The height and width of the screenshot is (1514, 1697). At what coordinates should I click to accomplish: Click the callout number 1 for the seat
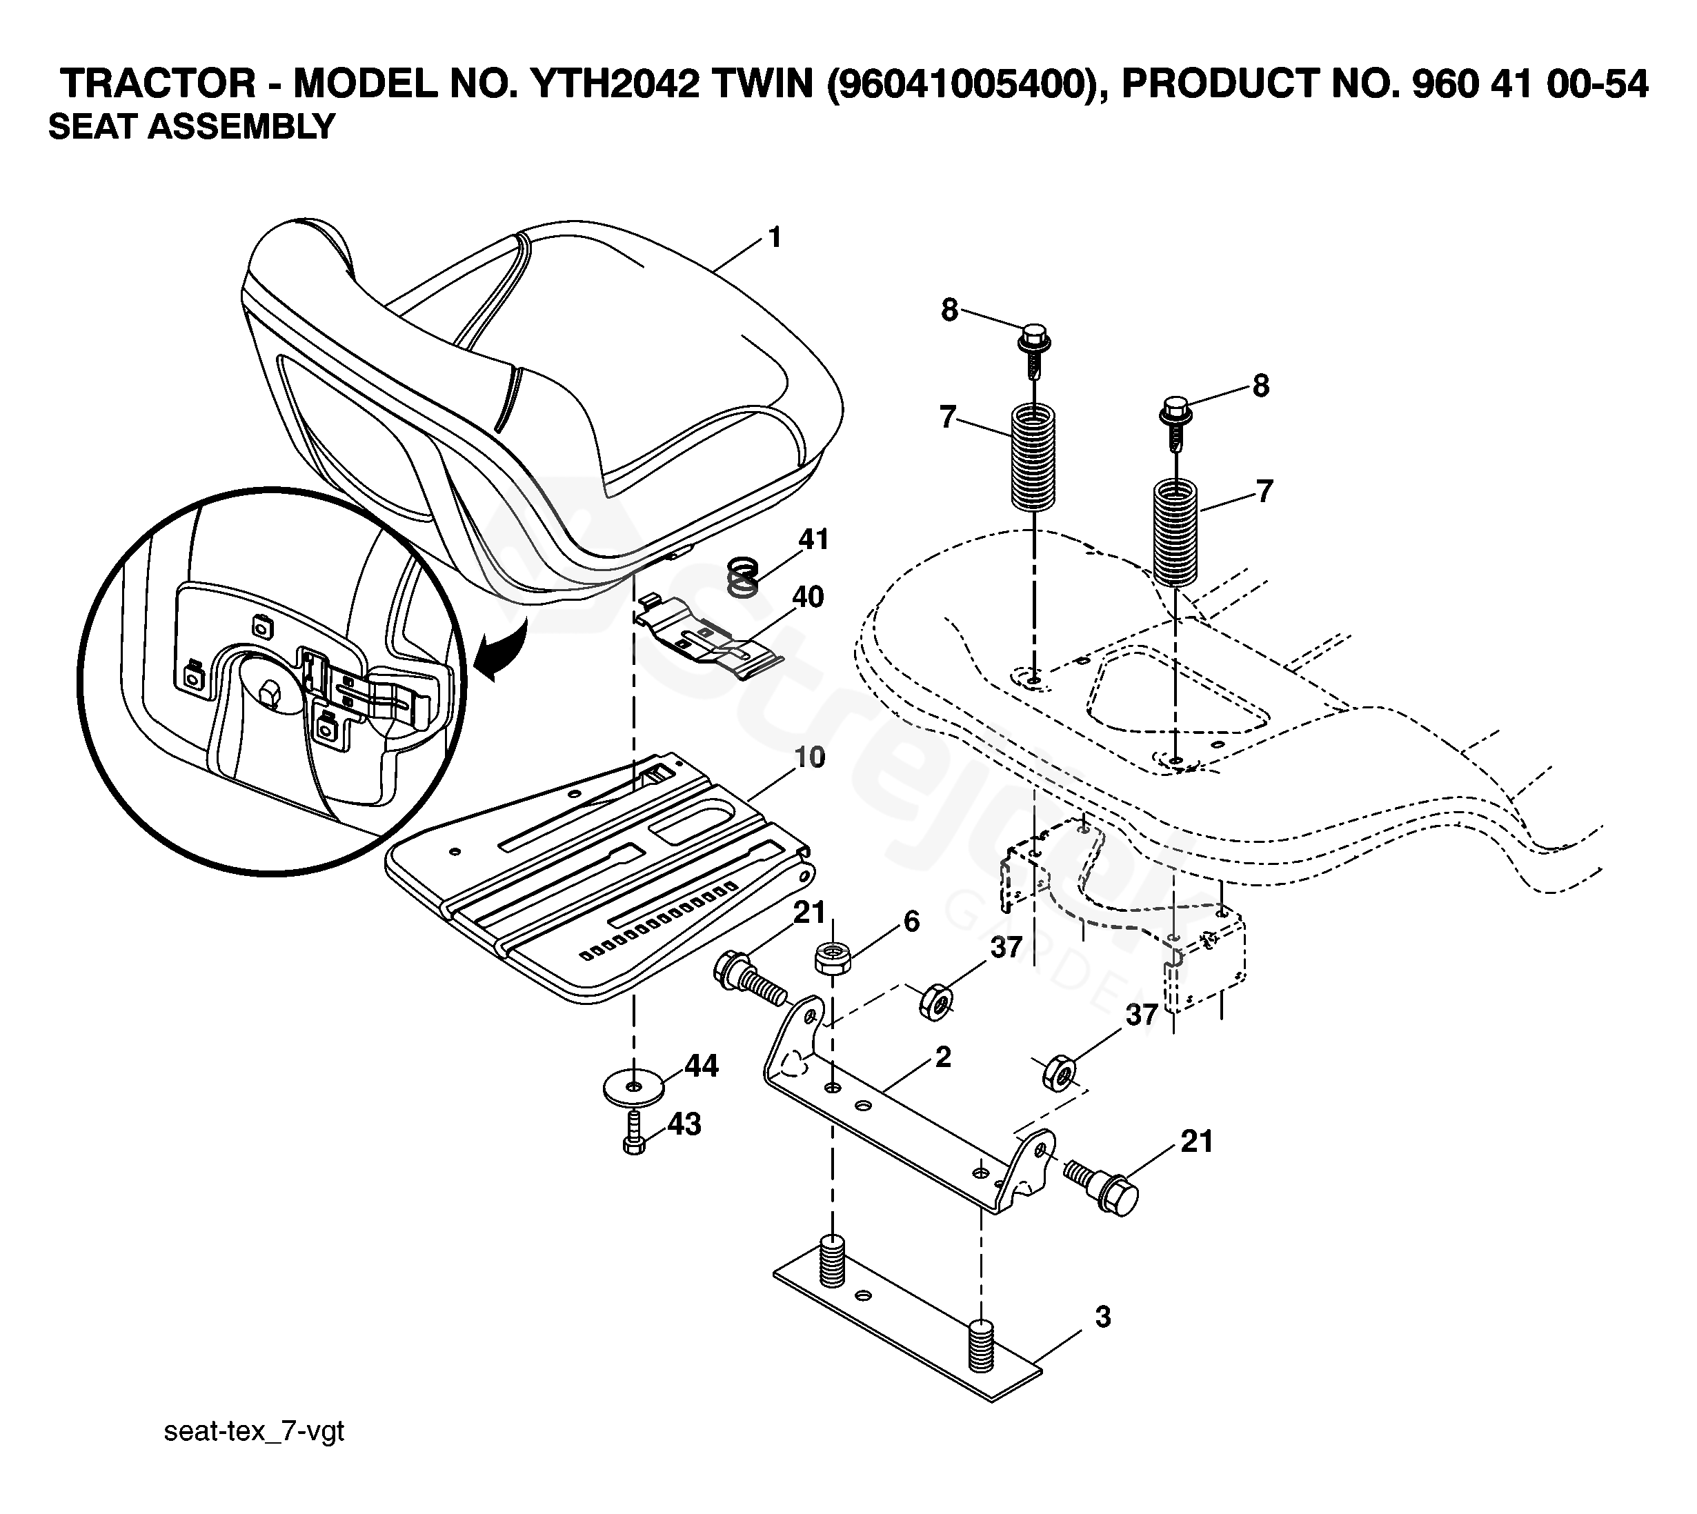(775, 238)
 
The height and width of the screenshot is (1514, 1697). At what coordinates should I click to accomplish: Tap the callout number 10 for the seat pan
(808, 757)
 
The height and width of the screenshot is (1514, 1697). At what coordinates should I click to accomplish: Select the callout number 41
(813, 539)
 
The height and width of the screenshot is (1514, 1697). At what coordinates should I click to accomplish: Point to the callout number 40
(807, 597)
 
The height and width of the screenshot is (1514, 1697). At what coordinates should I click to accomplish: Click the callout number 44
(702, 1066)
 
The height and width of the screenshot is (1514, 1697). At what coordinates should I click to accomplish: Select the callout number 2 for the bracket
(942, 1057)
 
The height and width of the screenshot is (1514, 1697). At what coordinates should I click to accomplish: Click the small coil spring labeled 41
(744, 577)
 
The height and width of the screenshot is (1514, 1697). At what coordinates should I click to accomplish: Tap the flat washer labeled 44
(633, 1087)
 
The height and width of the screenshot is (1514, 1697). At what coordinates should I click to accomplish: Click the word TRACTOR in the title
(158, 84)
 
